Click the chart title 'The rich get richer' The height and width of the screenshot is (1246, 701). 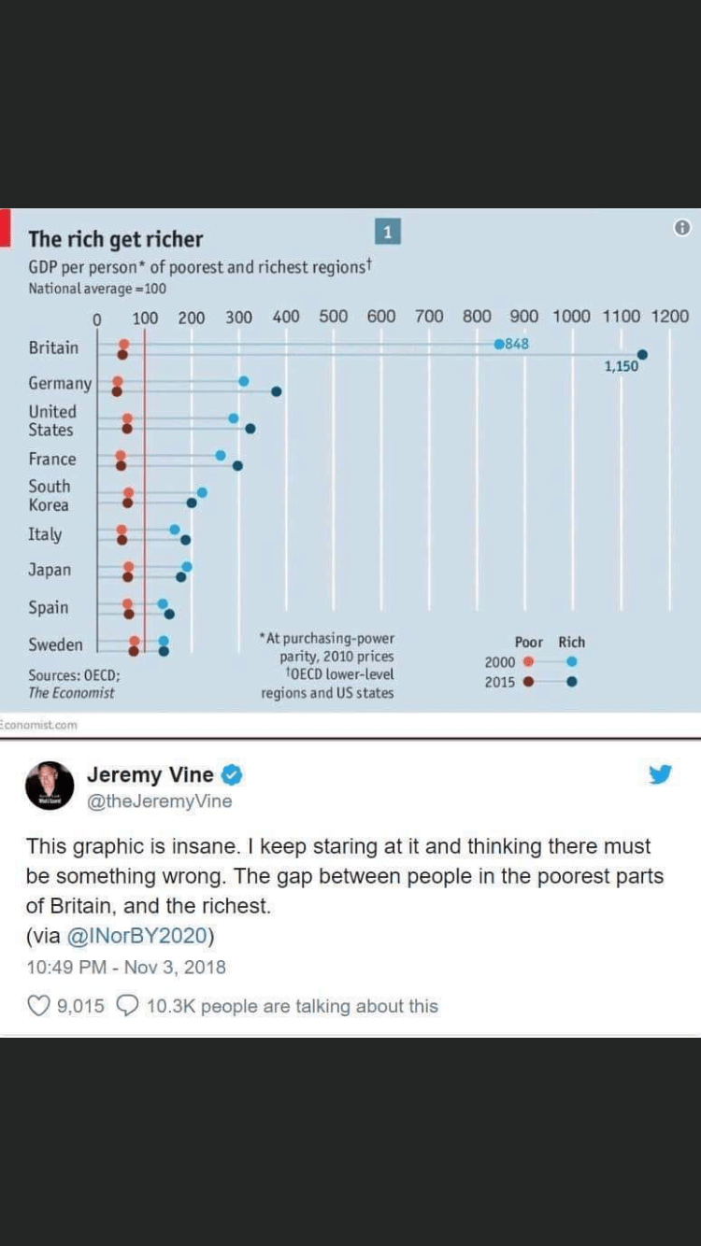click(x=115, y=239)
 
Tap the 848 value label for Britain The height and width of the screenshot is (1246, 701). click(x=517, y=344)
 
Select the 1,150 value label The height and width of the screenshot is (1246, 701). click(x=621, y=366)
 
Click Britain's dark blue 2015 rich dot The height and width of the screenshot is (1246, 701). click(x=642, y=355)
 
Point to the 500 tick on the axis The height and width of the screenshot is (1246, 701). click(x=334, y=317)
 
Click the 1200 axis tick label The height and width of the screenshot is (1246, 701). click(x=669, y=317)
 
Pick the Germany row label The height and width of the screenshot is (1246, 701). click(x=60, y=384)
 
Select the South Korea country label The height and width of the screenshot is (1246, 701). click(x=49, y=496)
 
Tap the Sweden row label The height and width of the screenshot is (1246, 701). click(x=55, y=644)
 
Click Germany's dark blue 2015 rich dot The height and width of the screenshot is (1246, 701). click(x=276, y=391)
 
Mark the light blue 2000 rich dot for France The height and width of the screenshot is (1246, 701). click(x=221, y=455)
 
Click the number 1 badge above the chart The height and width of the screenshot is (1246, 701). click(x=388, y=232)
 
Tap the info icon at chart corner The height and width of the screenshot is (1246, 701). click(x=682, y=228)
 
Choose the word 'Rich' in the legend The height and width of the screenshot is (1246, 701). click(x=571, y=643)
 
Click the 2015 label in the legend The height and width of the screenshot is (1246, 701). click(x=499, y=682)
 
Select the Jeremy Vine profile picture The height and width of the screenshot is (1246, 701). click(x=50, y=785)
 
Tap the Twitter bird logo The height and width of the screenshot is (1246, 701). click(x=660, y=774)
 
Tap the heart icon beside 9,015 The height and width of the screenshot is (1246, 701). click(x=37, y=1006)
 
